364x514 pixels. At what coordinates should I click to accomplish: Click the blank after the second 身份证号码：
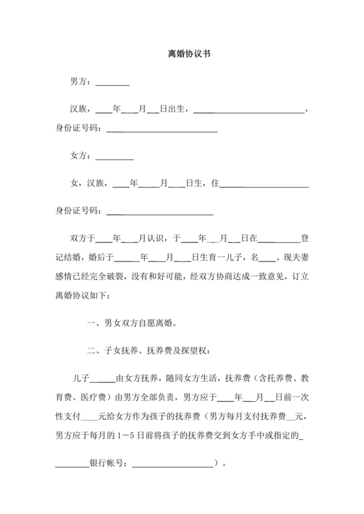point(159,212)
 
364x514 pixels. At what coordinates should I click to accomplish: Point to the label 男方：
point(82,82)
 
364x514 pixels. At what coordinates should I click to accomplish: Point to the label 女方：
point(82,156)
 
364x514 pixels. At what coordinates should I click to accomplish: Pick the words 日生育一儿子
point(220,258)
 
